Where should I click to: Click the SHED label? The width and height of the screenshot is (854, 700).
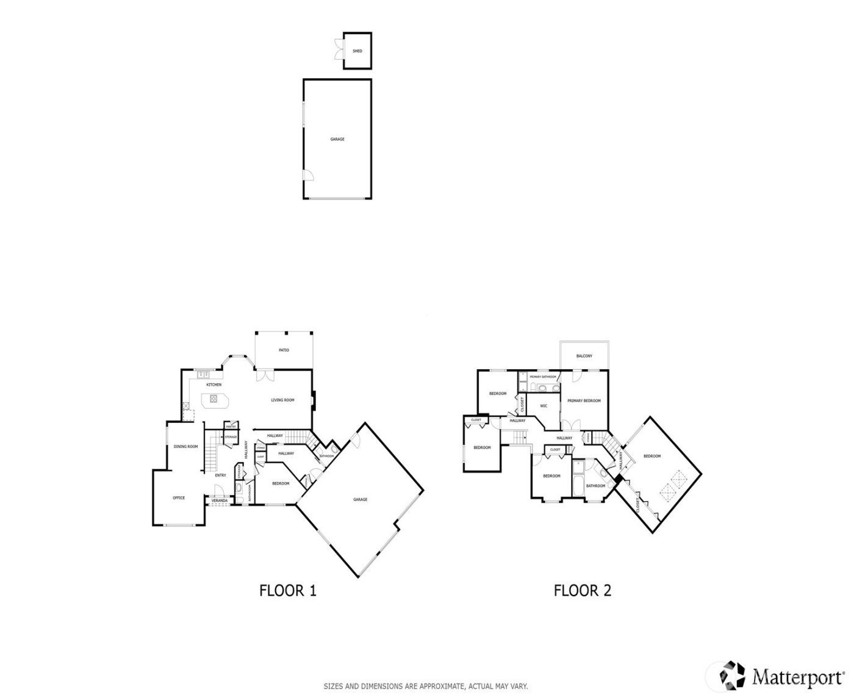pos(357,51)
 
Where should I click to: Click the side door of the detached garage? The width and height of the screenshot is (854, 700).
pos(309,175)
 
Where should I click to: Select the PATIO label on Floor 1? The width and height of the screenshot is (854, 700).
pos(284,350)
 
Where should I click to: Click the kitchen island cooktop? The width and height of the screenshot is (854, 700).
pos(214,399)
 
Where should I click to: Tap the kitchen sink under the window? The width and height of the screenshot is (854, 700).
pos(202,374)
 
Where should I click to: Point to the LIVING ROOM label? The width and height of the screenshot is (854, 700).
pos(282,400)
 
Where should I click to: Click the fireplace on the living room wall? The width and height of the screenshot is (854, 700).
pos(314,398)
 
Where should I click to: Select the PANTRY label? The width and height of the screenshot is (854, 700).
pos(231,427)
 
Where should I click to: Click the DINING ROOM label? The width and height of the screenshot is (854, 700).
pos(185,447)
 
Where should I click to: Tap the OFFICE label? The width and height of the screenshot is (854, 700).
pos(179,498)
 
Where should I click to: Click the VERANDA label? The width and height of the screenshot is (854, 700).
pos(219,501)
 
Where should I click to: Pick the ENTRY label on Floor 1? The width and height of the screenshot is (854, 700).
pos(220,475)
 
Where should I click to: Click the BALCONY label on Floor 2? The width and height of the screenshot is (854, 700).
pos(584,356)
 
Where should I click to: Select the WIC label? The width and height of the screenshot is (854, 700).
pos(544,406)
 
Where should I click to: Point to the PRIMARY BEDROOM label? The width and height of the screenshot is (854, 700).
pos(584,401)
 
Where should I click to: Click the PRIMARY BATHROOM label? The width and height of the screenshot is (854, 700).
pos(543,377)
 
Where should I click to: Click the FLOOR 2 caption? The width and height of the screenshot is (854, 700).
pos(582,591)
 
